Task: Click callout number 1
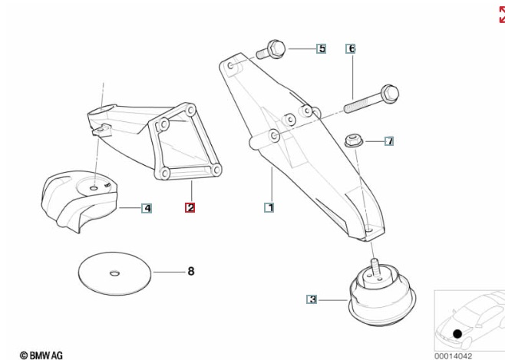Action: (269, 208)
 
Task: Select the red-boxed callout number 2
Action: (190, 208)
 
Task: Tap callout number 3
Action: (312, 299)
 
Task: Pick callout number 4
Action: (147, 208)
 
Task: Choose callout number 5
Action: (321, 48)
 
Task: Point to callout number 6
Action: (351, 48)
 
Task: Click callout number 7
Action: (389, 141)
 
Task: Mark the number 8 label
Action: (191, 272)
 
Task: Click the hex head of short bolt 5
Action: (276, 48)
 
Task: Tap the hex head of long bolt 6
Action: (390, 94)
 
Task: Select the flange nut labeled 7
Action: (354, 141)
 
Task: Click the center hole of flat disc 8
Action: (114, 274)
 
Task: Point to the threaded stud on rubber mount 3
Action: (375, 266)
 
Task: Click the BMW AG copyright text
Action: (41, 355)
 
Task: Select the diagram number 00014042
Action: (453, 356)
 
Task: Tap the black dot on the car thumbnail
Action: (457, 334)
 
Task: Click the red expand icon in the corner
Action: (502, 15)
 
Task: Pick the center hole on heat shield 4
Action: (94, 188)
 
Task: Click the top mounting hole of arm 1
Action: (230, 66)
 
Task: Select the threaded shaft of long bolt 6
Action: (362, 103)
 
